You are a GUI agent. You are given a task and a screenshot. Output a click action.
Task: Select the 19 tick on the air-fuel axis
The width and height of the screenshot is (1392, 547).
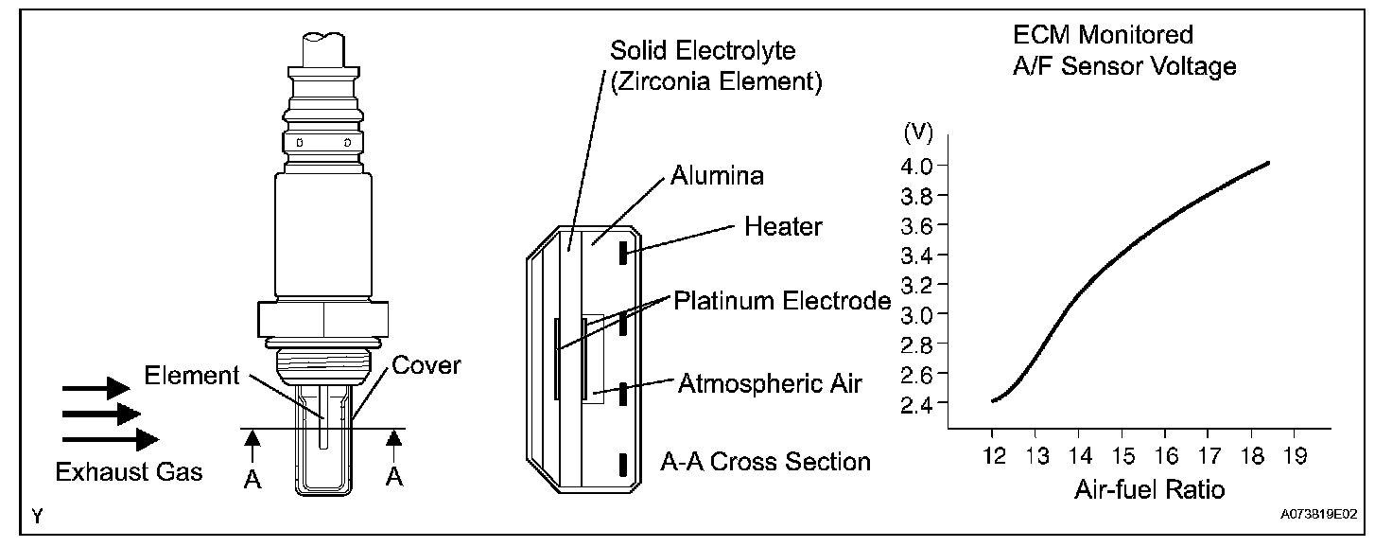tap(1295, 456)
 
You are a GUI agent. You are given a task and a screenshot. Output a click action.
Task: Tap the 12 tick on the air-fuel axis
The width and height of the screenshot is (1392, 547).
tap(992, 456)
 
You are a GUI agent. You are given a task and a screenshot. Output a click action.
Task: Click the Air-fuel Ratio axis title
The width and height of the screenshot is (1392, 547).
tap(1149, 490)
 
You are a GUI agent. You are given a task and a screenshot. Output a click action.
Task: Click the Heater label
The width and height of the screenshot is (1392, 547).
tap(783, 227)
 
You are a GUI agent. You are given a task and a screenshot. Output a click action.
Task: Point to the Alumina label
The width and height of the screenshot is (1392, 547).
tap(717, 176)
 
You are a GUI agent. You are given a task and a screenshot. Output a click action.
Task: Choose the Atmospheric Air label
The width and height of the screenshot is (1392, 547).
tap(769, 384)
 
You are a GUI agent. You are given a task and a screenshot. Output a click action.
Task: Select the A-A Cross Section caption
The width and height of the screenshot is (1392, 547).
tap(765, 462)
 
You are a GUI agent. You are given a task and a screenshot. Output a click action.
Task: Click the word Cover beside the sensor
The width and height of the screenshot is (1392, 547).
tap(426, 365)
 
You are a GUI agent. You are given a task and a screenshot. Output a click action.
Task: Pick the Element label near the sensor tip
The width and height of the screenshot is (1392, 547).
tap(192, 376)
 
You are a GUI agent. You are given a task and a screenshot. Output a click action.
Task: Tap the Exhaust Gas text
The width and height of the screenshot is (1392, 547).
tap(130, 471)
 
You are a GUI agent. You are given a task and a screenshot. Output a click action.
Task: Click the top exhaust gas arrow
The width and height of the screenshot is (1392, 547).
tap(96, 387)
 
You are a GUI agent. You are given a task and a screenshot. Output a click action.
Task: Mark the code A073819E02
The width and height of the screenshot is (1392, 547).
tap(1319, 516)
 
